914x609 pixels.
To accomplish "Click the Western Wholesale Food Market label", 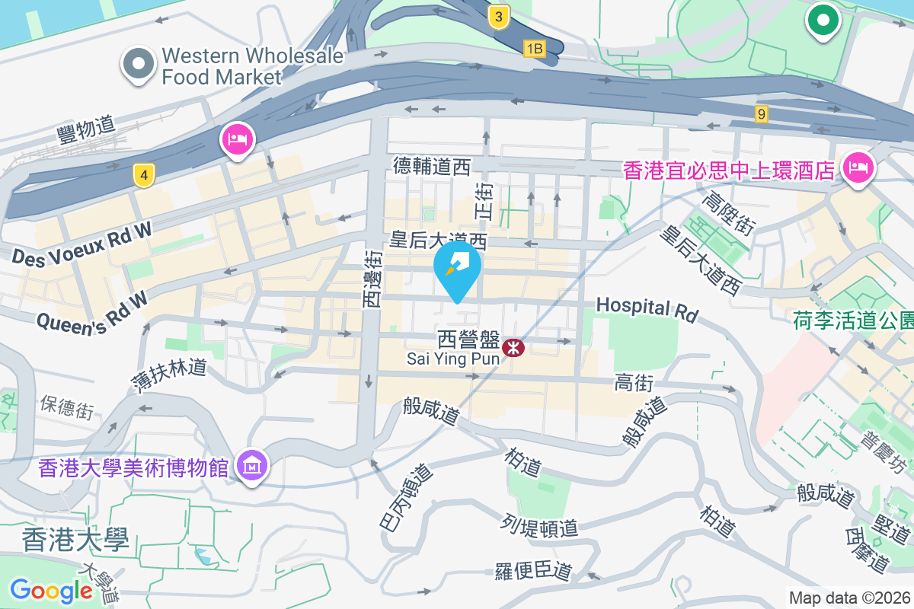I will [x=222, y=66].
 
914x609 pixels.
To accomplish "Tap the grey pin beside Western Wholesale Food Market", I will [x=138, y=65].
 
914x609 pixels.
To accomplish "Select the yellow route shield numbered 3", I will [x=498, y=17].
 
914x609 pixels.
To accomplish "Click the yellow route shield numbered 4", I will [x=142, y=176].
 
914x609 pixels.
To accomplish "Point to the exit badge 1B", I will [x=535, y=49].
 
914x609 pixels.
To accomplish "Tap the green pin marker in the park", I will [x=823, y=20].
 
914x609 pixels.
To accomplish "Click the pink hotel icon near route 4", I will [x=237, y=139].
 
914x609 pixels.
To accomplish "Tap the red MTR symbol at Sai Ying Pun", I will [x=515, y=349].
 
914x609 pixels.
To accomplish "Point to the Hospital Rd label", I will [x=647, y=308].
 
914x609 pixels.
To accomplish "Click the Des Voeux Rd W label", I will [x=82, y=244].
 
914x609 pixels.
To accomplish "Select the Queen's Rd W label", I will [x=92, y=311].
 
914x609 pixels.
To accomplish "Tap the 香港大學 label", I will [x=75, y=540].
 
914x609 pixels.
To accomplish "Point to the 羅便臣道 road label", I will [x=533, y=570].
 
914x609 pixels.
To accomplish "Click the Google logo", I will [x=51, y=590].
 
